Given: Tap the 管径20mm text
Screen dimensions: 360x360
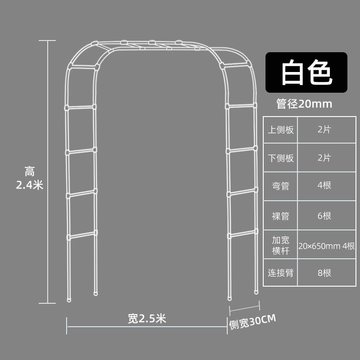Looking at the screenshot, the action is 304,104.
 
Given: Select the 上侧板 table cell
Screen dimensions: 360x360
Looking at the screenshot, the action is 281,130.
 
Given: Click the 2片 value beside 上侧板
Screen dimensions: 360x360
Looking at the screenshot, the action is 324,130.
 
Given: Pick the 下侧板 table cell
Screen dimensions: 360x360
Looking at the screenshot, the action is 281,158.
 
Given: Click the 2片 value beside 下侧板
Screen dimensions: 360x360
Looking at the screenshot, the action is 324,158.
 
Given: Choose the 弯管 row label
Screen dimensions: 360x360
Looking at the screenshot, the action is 281,186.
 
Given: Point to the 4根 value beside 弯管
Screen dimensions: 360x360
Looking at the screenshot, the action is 324,186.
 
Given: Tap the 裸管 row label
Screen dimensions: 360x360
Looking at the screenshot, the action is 281,216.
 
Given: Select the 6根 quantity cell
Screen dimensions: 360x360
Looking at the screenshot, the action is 324,216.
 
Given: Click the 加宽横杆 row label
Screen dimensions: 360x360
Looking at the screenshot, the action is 281,246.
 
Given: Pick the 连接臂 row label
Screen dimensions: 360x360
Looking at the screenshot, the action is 281,273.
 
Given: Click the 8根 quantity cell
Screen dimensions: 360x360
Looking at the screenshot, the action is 324,273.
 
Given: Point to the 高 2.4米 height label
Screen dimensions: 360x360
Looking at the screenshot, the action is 30,178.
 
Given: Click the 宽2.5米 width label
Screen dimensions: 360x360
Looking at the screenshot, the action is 147,319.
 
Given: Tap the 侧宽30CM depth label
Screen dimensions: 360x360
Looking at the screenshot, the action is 252,321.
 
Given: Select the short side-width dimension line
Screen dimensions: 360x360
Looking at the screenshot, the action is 245,309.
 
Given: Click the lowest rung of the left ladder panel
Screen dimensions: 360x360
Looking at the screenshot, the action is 81,236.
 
